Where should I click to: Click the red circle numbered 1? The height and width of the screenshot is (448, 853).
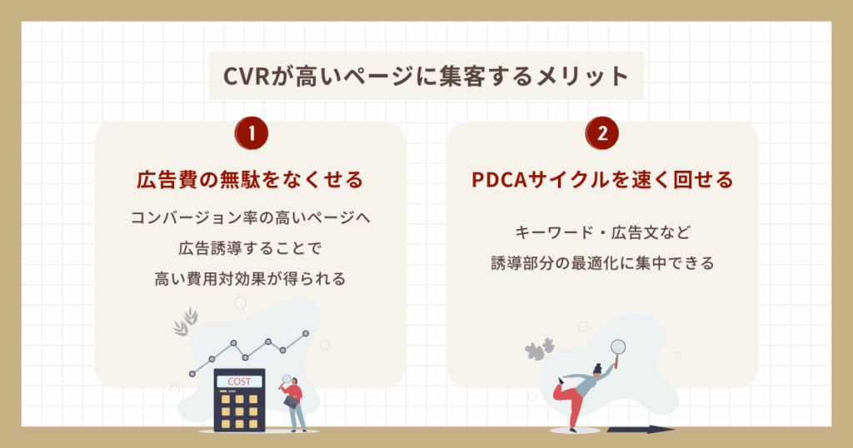[x=251, y=133]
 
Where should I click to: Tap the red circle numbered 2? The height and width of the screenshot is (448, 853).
[x=602, y=133]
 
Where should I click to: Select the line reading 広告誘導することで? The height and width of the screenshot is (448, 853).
[x=250, y=249]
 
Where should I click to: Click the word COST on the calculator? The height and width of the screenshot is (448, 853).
[x=240, y=381]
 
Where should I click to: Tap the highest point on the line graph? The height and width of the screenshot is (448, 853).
[x=305, y=333]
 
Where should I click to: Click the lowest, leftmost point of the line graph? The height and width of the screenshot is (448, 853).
[x=192, y=373]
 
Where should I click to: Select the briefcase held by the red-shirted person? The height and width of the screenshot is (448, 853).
[x=291, y=401]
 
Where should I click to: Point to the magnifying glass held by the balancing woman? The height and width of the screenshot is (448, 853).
[x=618, y=347]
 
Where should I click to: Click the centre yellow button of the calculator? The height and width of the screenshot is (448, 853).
[x=240, y=411]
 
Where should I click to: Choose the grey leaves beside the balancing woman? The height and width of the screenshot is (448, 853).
[x=541, y=349]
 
